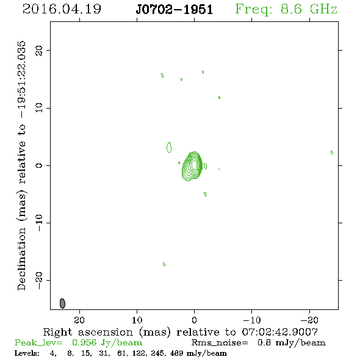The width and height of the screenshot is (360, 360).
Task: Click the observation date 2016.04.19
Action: pos(62,9)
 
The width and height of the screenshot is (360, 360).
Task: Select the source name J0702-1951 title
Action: pos(175,9)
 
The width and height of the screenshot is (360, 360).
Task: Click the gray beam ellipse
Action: pos(62,303)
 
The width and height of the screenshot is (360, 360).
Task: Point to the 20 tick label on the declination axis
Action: pos(39,50)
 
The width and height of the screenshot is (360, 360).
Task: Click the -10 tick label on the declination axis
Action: pos(39,223)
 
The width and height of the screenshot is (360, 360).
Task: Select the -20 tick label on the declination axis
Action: pos(39,280)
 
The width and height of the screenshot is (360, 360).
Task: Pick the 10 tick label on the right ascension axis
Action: pos(137,320)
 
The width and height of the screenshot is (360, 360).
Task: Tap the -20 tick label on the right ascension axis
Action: pos(309,320)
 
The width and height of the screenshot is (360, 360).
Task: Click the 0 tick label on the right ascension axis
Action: pos(194,320)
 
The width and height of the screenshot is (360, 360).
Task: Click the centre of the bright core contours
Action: pos(194,165)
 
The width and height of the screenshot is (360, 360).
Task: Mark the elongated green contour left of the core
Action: pos(169,148)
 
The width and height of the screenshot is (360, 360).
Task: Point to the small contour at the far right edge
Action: pos(332,153)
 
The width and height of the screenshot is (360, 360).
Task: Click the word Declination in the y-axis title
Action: pos(21,259)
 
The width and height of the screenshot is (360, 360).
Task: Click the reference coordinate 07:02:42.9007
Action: pos(280,332)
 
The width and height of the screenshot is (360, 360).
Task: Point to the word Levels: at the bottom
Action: pos(27,353)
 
